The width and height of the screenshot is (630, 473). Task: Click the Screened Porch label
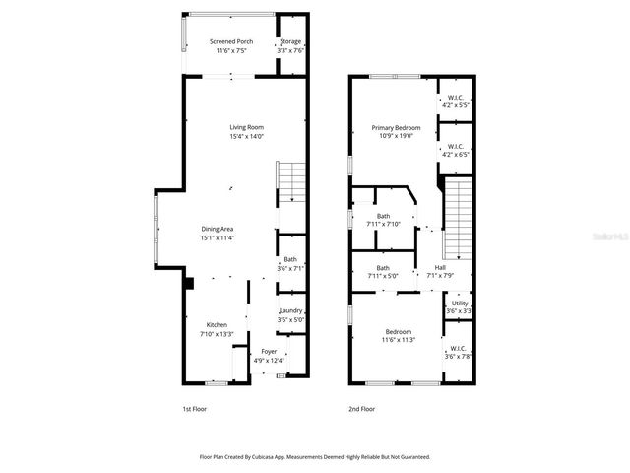pyautogui.click(x=231, y=41)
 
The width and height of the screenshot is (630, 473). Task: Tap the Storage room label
pyautogui.click(x=290, y=41)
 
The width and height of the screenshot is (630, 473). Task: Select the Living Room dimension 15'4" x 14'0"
pyautogui.click(x=246, y=136)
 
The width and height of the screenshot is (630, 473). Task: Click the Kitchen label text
pyautogui.click(x=217, y=324)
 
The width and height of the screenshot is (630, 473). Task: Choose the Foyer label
pyautogui.click(x=269, y=351)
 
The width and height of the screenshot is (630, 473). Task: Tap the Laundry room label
pyautogui.click(x=290, y=310)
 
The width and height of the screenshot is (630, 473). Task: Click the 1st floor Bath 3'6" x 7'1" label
pyautogui.click(x=290, y=259)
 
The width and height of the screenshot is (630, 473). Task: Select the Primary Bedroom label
pyautogui.click(x=396, y=127)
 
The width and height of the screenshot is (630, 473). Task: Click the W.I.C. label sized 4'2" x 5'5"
pyautogui.click(x=455, y=97)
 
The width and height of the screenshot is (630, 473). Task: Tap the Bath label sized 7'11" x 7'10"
pyautogui.click(x=383, y=216)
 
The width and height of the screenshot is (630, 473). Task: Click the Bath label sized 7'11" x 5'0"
pyautogui.click(x=383, y=267)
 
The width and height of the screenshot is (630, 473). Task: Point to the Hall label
pyautogui.click(x=440, y=267)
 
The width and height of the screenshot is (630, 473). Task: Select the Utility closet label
pyautogui.click(x=459, y=303)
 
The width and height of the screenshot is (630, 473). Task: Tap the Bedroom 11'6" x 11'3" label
pyautogui.click(x=398, y=331)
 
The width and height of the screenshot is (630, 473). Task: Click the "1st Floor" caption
pyautogui.click(x=194, y=408)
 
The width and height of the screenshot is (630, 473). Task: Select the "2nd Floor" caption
pyautogui.click(x=361, y=408)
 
